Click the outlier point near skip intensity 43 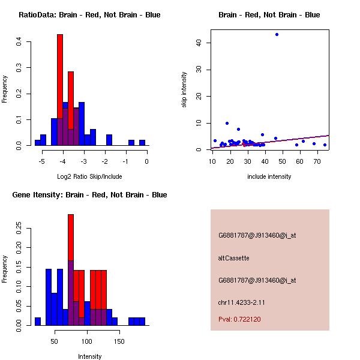(x=277, y=34)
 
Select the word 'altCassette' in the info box (x=233, y=258)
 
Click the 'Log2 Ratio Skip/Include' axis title (x=89, y=176)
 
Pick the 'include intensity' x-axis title (x=269, y=176)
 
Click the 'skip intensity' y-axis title (x=185, y=90)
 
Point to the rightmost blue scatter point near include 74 (x=325, y=145)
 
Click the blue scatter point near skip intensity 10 (x=227, y=123)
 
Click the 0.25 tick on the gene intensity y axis (x=20, y=228)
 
